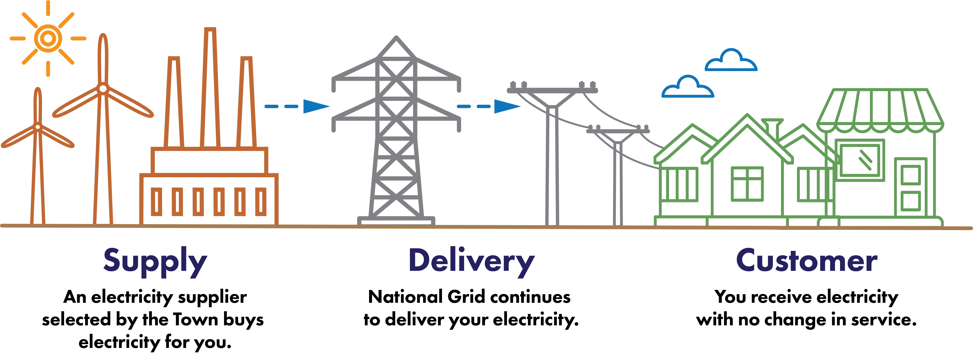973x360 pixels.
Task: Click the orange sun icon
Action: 48,38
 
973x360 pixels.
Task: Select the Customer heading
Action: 806,261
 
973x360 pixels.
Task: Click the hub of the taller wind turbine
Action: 103,89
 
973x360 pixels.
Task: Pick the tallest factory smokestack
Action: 210,87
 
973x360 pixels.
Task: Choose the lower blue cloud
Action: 688,88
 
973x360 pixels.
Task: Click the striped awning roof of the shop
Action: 880,110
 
